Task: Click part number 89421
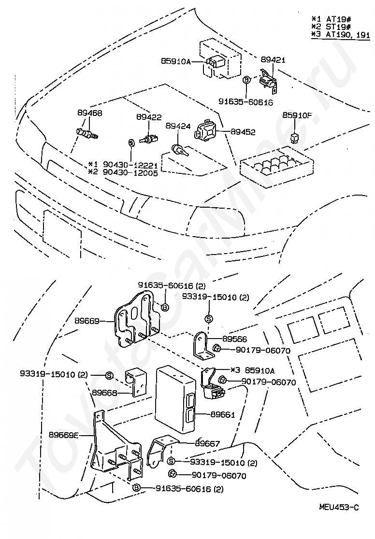[274, 60]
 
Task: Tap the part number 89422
[148, 117]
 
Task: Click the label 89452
[243, 131]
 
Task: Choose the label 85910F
[298, 116]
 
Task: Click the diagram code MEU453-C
[339, 507]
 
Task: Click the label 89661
[223, 414]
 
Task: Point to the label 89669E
[64, 434]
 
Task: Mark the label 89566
[235, 339]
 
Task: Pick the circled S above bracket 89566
[209, 318]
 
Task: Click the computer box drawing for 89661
[175, 398]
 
